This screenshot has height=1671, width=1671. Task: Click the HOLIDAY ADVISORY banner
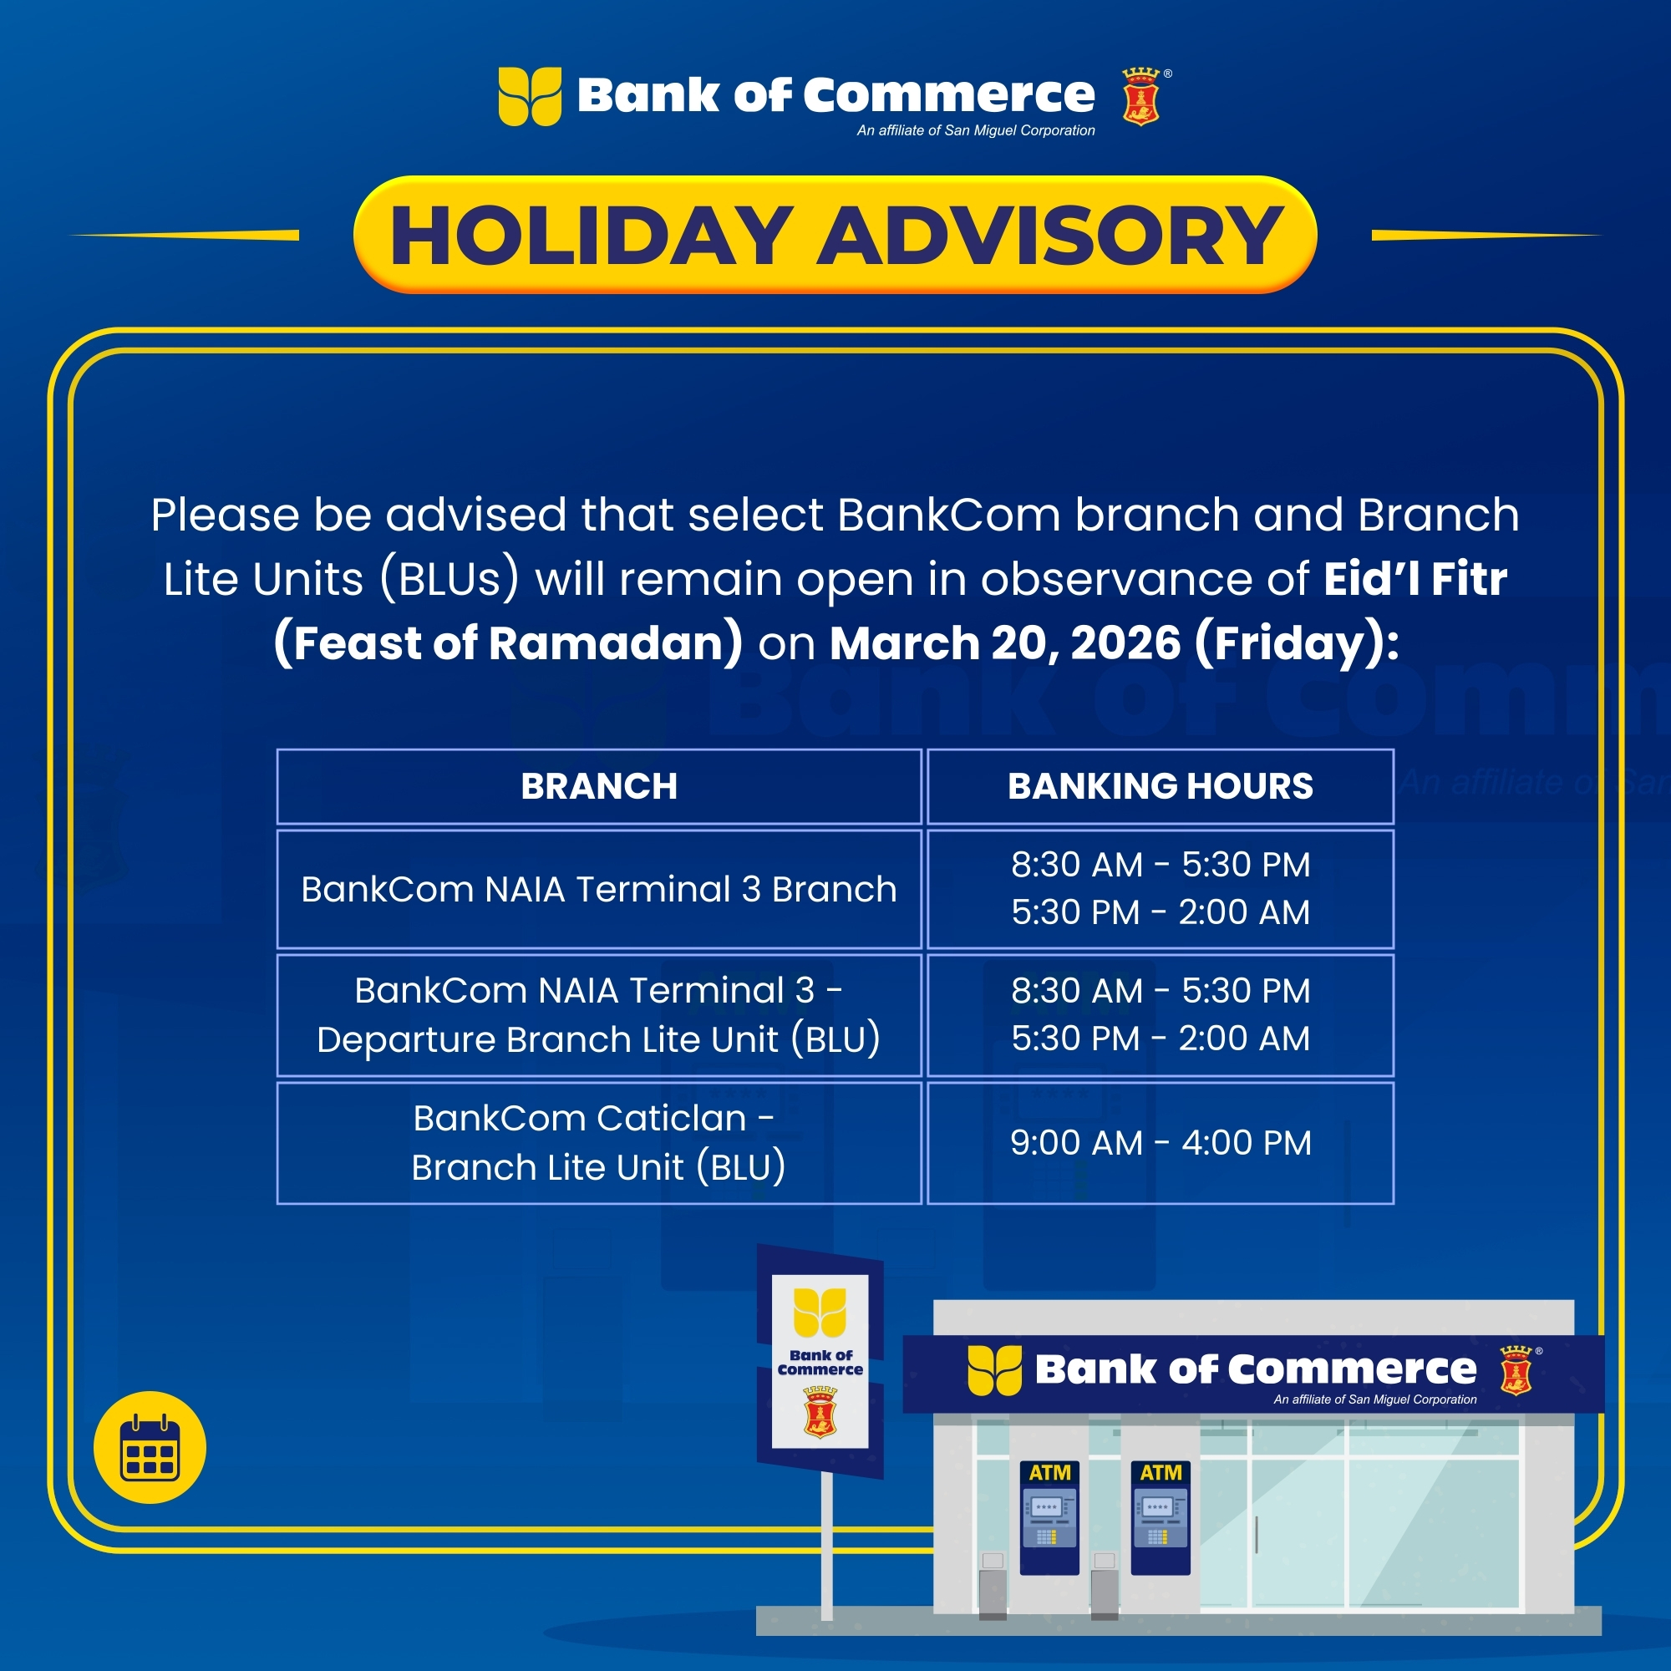[835, 235]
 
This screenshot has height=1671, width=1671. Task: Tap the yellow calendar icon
[150, 1447]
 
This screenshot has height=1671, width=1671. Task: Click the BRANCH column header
[598, 786]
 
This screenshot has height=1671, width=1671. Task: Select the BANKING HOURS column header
[1160, 786]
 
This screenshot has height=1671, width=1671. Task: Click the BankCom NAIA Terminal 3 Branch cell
[598, 889]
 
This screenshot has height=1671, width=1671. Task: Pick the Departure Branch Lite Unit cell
[598, 1014]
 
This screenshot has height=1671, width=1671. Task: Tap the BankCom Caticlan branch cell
[598, 1142]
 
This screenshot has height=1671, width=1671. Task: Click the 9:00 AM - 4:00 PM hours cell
[1160, 1142]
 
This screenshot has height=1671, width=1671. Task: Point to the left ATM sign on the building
[1050, 1472]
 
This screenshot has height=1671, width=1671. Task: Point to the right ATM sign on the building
[1161, 1472]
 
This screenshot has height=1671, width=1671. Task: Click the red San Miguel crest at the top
[1140, 97]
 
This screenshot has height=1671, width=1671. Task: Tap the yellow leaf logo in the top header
[530, 96]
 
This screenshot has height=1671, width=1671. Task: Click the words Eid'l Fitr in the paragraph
[1415, 579]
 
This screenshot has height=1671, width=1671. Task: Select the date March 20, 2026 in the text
[1005, 642]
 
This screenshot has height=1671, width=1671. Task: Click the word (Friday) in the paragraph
[1296, 643]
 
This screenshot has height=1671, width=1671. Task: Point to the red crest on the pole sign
[820, 1411]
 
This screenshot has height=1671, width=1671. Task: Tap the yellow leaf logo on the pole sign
[820, 1312]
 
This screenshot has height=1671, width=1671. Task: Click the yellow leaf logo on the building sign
[994, 1370]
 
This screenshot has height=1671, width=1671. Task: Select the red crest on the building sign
[1516, 1370]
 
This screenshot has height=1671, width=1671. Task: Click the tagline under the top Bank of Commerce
[976, 130]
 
